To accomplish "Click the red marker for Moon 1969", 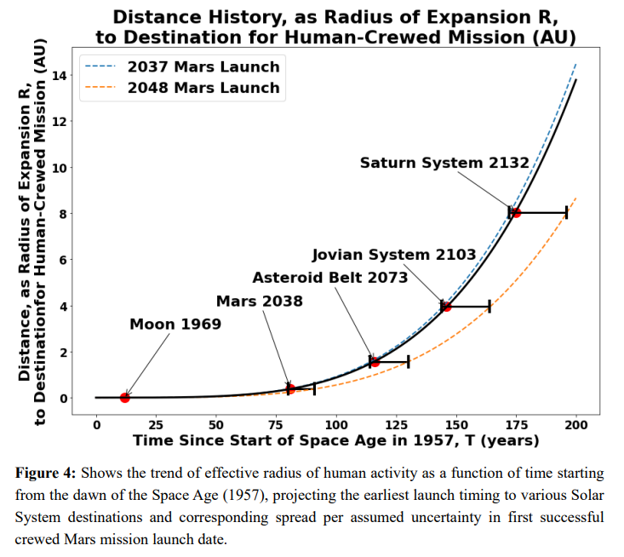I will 125,398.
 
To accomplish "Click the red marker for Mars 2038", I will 290,388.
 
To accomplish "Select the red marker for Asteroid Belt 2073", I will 375,362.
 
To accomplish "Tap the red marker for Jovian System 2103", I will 446,306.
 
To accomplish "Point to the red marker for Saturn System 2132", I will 516,212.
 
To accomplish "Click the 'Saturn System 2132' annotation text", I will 444,163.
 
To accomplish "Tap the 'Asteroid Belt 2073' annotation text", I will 330,278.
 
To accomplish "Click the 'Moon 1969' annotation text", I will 175,324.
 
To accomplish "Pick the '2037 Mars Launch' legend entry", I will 203,66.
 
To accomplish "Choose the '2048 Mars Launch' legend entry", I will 203,88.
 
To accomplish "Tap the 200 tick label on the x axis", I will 576,424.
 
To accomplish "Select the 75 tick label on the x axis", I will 276,424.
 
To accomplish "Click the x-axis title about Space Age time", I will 335,441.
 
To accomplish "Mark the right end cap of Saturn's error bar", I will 566,212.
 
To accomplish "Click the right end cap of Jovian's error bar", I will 489,306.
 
